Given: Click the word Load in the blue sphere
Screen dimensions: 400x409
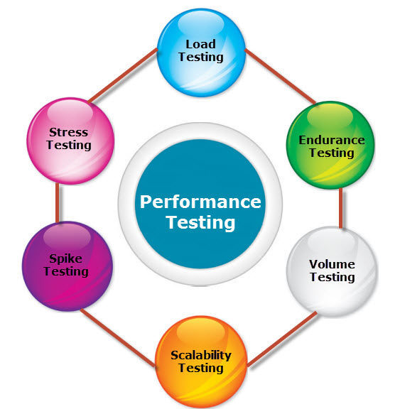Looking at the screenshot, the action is click(200, 44).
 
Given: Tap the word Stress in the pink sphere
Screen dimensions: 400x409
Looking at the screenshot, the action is click(69, 132).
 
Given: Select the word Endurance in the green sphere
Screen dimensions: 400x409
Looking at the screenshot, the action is click(332, 140).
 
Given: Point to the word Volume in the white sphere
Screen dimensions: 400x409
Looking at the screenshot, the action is click(332, 264).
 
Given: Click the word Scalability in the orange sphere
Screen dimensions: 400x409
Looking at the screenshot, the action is click(201, 355).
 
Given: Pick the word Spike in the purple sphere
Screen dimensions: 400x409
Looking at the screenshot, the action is click(66, 258).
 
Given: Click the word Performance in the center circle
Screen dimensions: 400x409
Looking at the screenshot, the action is click(200, 202).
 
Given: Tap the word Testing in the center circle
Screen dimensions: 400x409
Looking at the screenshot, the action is click(200, 222).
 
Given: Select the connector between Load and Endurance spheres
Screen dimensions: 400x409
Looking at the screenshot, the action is click(281, 76).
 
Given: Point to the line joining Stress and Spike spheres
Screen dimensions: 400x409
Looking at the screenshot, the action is click(57, 202).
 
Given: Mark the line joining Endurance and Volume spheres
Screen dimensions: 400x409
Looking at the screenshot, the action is click(341, 208).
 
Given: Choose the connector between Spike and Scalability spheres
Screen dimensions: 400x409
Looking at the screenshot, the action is click(118, 338).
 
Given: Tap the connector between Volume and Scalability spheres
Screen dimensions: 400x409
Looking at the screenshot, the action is click(282, 339).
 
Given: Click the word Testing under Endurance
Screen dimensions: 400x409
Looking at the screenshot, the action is click(332, 153).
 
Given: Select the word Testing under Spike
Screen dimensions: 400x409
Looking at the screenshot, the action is click(66, 271).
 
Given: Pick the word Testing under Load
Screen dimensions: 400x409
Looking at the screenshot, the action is click(201, 57).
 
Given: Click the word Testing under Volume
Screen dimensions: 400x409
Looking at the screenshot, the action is click(333, 277).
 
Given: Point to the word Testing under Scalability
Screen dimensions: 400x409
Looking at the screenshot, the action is click(201, 368).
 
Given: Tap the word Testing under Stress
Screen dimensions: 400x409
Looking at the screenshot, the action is click(69, 145).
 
